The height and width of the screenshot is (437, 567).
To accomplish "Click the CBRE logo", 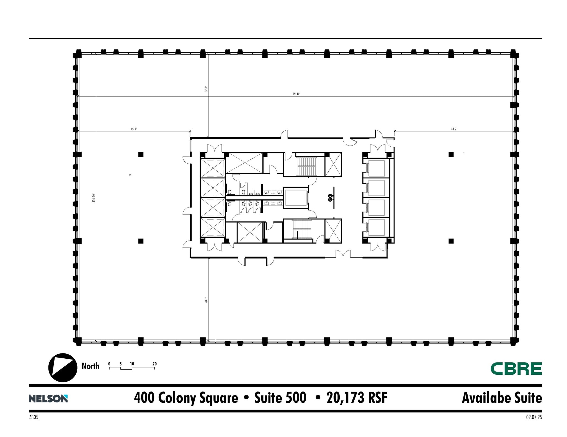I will pos(516,369).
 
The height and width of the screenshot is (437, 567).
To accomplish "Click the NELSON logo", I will pos(48,399).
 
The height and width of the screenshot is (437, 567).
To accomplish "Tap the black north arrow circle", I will pos(63,368).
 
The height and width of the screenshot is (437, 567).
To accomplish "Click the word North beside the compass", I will pos(90,366).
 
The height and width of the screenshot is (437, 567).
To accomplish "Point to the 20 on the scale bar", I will pos(154,364).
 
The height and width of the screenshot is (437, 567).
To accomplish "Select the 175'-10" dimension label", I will pos(296,94).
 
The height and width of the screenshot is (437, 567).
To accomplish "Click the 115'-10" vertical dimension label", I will pos(94,198).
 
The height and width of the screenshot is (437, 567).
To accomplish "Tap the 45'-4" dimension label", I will pos(134,129).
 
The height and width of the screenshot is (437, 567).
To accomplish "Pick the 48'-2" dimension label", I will pos(454,129).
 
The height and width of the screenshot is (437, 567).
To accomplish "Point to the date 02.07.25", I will pos(534,417).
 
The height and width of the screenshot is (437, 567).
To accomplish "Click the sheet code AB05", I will pos(34,417).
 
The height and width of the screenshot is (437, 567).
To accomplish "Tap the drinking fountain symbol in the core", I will pos(330,198).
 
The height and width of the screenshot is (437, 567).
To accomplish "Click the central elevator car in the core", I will pos(296,198).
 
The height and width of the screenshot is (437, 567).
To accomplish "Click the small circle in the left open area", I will pos(130,175).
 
